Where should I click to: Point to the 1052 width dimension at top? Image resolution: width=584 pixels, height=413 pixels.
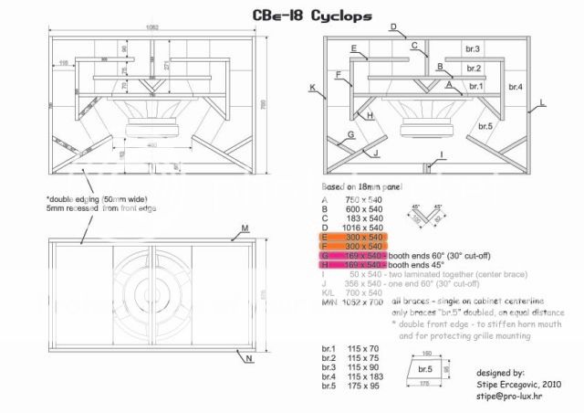[151, 27]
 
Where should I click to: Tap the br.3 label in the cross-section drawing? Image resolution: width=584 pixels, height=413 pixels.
[473, 48]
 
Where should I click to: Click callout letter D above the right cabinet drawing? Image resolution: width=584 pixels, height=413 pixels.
[392, 27]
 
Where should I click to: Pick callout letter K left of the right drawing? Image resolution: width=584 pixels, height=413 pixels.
[312, 90]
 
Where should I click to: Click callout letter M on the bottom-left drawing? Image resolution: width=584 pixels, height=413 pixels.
[245, 227]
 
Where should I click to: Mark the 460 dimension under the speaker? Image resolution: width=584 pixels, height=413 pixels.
[151, 145]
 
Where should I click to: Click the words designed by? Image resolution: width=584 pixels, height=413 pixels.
[499, 374]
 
